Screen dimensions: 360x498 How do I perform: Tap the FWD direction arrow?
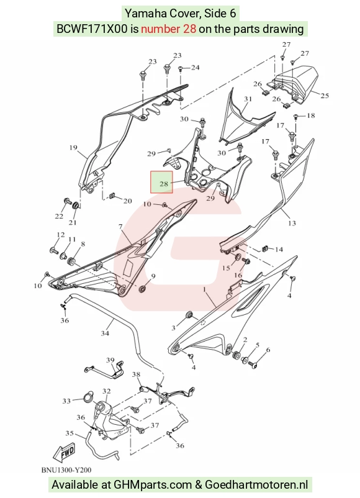[x=65, y=452]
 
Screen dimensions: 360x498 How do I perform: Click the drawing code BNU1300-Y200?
[x=66, y=470]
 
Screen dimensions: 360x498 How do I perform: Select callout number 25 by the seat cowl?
[x=325, y=95]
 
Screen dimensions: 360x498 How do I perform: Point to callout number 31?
[x=248, y=99]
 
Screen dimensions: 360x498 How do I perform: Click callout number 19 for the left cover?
[x=73, y=147]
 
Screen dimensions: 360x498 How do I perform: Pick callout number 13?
[x=292, y=224]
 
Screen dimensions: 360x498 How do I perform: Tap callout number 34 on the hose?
[x=105, y=333]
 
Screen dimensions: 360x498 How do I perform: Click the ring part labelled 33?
[x=88, y=397]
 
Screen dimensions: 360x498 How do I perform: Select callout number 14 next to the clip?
[x=279, y=250]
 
